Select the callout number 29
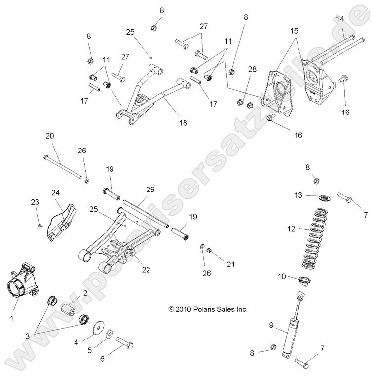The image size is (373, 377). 150,189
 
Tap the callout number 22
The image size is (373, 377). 146,269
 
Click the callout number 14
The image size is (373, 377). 340,18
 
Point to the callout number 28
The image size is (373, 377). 252,69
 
